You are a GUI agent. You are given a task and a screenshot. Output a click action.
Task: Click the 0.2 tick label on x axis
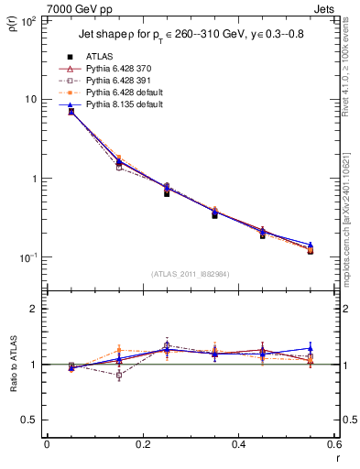point(142,445)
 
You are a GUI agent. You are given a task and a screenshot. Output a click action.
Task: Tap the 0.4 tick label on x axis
point(238,445)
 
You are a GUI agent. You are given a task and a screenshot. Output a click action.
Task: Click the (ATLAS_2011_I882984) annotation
point(191,274)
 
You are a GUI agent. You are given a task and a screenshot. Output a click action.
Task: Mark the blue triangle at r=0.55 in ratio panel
point(311,348)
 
